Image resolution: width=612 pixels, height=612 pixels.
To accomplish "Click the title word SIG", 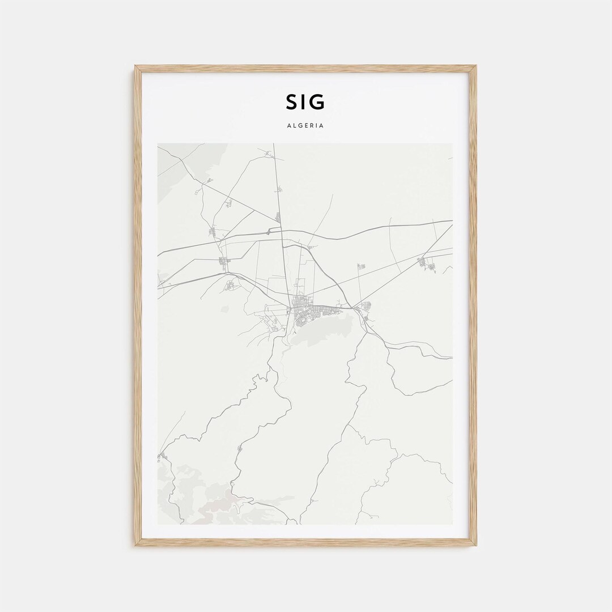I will click(x=305, y=102).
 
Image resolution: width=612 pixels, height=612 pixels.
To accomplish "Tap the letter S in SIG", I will click(x=291, y=102).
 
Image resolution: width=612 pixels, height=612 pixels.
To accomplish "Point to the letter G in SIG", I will click(x=318, y=102).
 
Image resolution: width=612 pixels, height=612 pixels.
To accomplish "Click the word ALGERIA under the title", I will click(x=305, y=126).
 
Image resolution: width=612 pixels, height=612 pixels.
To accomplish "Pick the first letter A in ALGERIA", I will click(x=289, y=126).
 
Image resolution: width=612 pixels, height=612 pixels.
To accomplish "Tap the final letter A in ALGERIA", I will click(x=322, y=126).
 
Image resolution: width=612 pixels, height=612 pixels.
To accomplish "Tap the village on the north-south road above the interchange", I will click(x=278, y=216).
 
